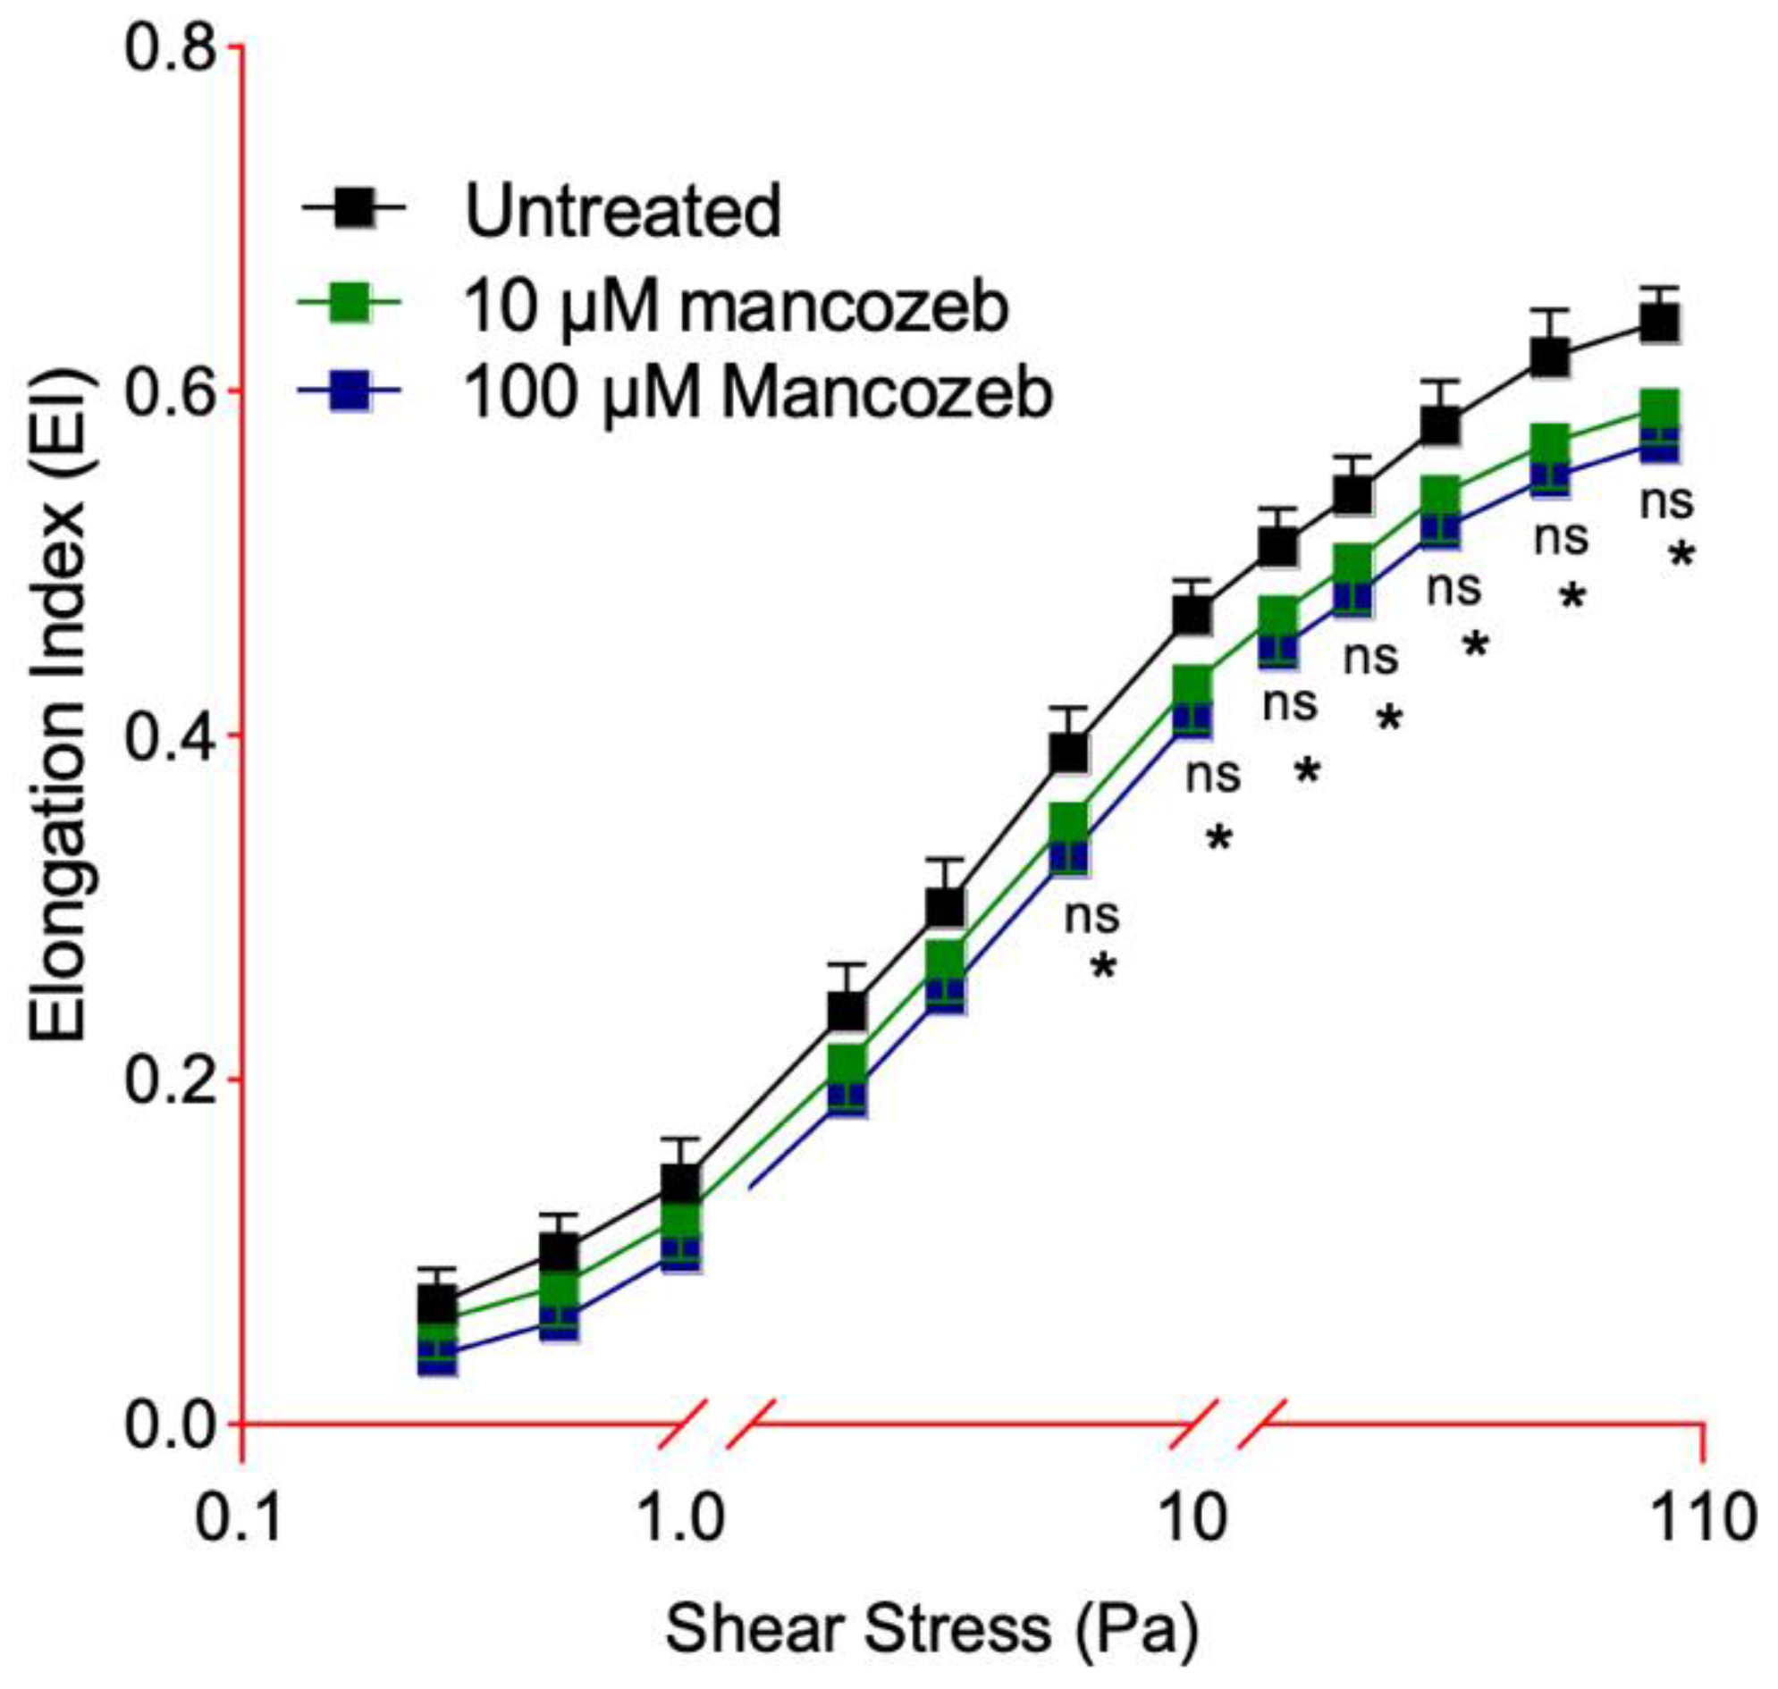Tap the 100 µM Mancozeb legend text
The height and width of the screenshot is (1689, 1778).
[756, 393]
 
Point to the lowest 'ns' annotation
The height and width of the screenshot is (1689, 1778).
[1091, 917]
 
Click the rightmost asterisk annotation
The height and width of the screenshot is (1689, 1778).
[1681, 556]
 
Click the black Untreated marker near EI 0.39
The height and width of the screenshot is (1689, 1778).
[1069, 752]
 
